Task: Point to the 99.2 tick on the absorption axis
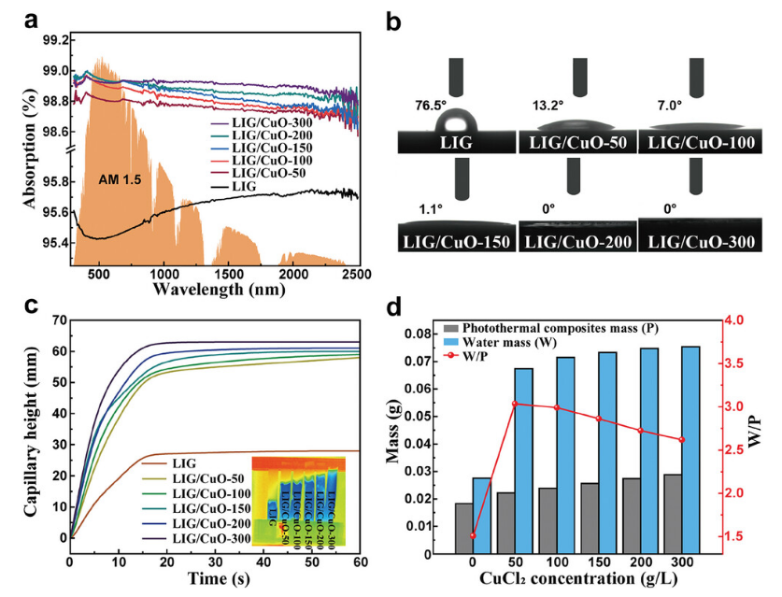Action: click(53, 39)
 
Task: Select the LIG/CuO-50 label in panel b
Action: click(576, 143)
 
